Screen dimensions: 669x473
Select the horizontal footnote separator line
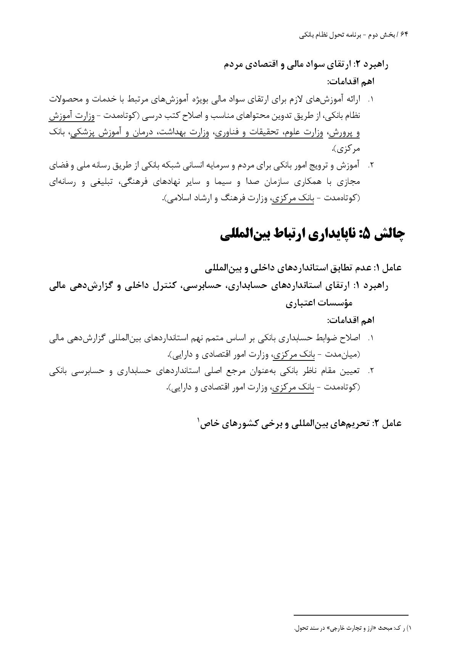tap(351, 615)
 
